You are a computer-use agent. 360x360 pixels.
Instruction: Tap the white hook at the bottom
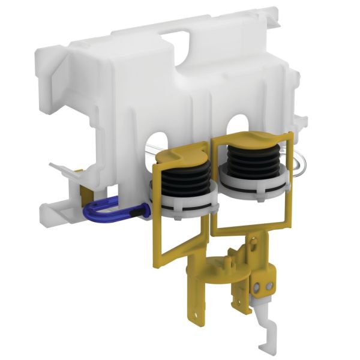click(269, 337)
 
